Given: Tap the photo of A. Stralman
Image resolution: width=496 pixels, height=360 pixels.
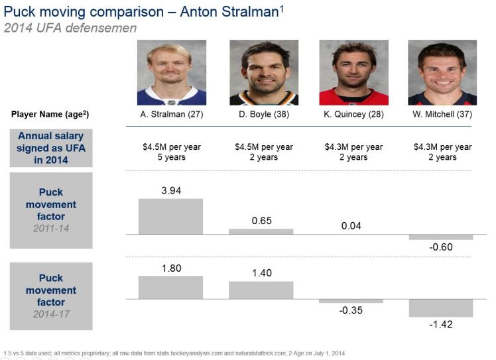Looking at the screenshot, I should tap(171, 72).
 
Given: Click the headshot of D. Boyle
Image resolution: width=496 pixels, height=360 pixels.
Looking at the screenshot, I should tap(264, 72).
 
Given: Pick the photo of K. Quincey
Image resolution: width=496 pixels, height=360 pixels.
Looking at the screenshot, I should tap(353, 72).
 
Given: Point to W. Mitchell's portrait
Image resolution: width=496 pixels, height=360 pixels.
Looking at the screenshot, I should tap(442, 72).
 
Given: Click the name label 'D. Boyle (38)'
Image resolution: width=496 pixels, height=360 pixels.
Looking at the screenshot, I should tap(263, 114).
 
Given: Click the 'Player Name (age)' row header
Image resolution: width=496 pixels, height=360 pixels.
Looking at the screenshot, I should tap(50, 114).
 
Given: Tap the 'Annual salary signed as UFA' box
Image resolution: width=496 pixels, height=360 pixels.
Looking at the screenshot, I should tap(50, 147).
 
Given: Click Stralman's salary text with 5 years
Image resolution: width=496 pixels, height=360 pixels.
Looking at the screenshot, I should tap(171, 152).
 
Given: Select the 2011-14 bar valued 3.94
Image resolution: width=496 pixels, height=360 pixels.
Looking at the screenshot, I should tap(171, 216).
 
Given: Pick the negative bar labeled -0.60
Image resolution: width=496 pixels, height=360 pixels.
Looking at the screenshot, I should tap(441, 237).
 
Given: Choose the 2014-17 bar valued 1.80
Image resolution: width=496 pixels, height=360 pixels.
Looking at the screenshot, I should tap(171, 288).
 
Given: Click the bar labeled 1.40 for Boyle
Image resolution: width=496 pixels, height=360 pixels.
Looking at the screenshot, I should tap(261, 290).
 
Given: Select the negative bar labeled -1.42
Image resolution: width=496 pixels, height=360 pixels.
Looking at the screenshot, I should tap(441, 308).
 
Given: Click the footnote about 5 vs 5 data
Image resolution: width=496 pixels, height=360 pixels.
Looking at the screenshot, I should tap(174, 353).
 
